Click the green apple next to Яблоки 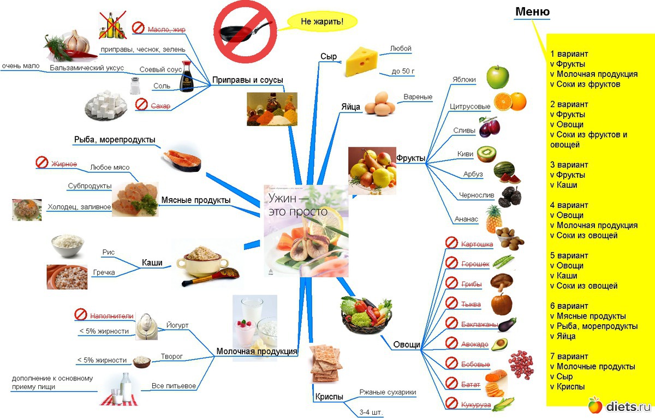(497, 77)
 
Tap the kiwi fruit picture (486, 154)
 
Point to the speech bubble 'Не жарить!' (321, 22)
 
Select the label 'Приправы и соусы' (248, 80)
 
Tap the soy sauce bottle (187, 77)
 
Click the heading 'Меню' (532, 11)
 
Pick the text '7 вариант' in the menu (569, 356)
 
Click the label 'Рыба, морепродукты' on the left (115, 140)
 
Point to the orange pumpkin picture (501, 303)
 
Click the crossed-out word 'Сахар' (160, 106)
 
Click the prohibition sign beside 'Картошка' (451, 243)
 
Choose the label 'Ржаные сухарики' (388, 392)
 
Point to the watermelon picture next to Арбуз (507, 173)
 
